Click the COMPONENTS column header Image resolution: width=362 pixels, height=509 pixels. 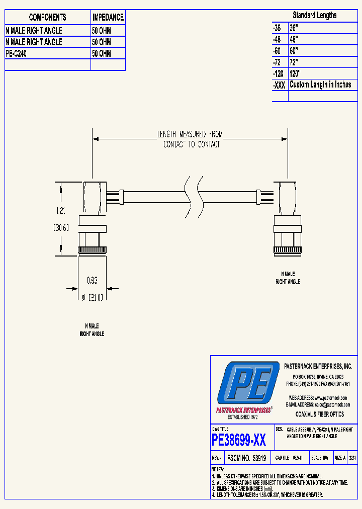[47, 17]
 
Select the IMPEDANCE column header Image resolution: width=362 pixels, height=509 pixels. [108, 17]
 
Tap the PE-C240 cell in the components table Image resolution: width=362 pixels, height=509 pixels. [16, 53]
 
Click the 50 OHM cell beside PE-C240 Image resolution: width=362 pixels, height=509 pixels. [102, 53]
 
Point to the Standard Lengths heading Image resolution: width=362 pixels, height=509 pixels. [315, 16]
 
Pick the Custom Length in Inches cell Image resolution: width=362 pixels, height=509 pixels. [320, 84]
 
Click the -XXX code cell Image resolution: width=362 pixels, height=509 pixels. [279, 85]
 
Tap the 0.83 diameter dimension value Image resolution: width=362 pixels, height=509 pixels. [92, 280]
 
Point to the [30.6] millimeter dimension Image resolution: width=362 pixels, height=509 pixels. [61, 228]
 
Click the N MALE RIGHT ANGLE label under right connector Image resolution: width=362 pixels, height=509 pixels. [288, 278]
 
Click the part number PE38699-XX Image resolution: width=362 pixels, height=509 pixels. [239, 441]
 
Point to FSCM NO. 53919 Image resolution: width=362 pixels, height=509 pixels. [246, 459]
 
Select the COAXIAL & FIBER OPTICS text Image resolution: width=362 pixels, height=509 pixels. [319, 414]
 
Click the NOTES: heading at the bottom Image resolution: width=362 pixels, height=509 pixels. [218, 470]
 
